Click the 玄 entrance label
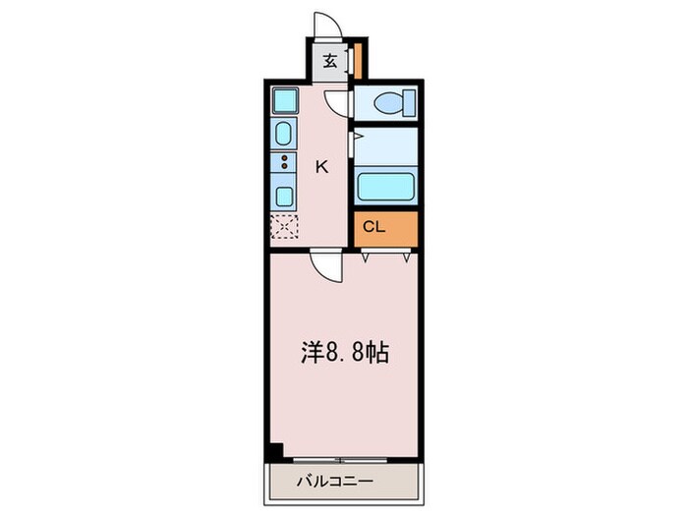pos(330,61)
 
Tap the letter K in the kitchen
pos(320,166)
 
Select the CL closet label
pos(373,228)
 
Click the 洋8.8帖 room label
pos(344,352)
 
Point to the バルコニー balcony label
pos(343,483)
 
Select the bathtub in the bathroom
pos(385,187)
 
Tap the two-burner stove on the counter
pos(284,162)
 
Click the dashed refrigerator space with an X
pos(283,227)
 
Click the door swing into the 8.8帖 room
pos(325,266)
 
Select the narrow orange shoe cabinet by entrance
pos(359,61)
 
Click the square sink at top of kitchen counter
pos(284,101)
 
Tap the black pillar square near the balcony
pos(276,451)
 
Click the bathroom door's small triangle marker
pos(358,136)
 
